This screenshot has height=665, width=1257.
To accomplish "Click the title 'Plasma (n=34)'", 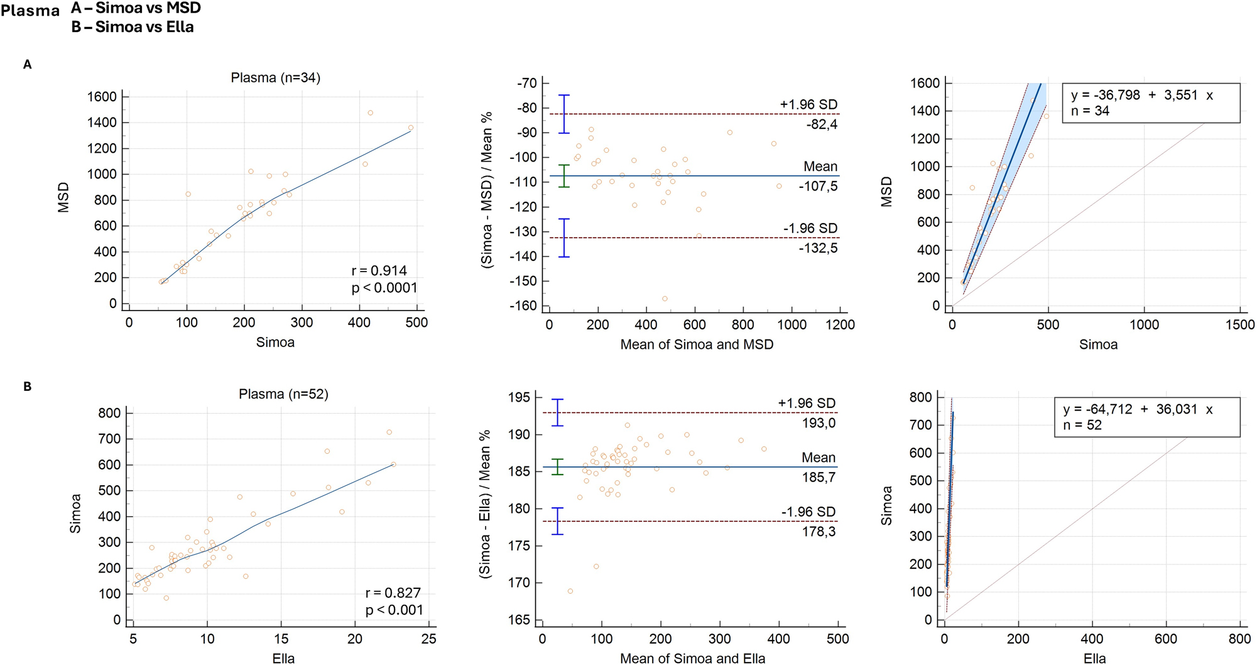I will pos(275,78).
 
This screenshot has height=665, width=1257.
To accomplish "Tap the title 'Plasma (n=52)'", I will pos(283,394).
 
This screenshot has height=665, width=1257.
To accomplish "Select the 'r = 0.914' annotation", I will pos(379,271).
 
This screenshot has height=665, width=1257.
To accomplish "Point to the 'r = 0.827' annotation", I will pos(393,593).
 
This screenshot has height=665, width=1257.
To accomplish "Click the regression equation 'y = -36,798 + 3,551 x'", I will pos(1141,96).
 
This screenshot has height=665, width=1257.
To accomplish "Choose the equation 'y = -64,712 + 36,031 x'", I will pos(1138,409).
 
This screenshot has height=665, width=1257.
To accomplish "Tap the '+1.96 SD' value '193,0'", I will pos(819,423).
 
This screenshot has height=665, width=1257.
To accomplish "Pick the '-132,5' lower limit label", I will pos(818,248).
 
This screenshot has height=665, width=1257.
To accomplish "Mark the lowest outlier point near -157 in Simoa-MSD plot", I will pos(665,299).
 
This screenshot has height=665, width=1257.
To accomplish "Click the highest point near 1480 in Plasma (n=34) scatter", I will pos(370,113).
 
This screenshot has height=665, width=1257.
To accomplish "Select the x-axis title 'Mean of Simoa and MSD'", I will pos(697,344).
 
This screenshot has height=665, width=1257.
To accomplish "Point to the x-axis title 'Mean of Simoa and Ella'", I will pos(692,659).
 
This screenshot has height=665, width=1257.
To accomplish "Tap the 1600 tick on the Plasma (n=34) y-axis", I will pos(101,97).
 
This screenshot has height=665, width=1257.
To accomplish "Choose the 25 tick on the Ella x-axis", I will pos(429,639).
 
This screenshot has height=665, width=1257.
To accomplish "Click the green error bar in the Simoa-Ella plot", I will pos(558,466).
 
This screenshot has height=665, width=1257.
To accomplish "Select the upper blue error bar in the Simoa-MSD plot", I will pos(564,114).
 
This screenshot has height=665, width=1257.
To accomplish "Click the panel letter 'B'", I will pos(27,387).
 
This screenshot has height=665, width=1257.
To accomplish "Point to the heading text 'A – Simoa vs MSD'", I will pos(136,8).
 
